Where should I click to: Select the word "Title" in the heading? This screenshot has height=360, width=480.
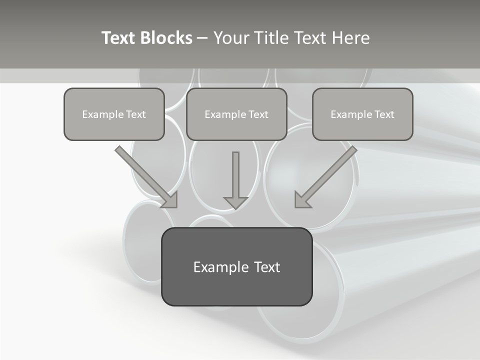271,38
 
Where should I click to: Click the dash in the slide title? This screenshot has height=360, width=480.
202,38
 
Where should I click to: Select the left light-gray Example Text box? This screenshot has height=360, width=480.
114,114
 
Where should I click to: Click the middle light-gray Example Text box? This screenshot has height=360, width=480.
236,114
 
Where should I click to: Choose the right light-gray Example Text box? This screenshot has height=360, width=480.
362,114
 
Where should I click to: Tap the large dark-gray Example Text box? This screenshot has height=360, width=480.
236,266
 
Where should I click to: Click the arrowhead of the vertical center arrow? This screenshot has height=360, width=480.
235,202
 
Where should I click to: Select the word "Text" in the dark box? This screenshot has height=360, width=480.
266,267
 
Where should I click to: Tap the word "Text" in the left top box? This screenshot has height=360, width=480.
135,114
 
